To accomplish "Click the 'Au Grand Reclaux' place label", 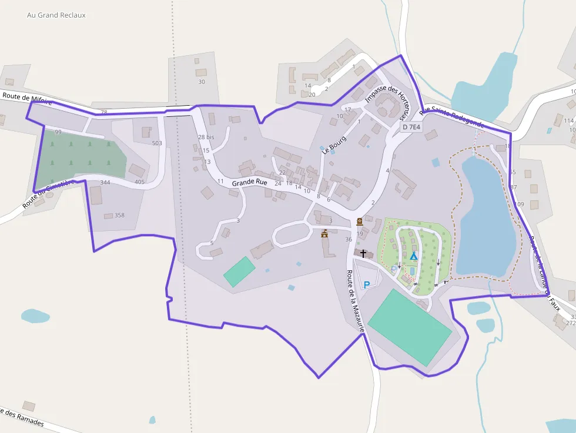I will pyautogui.click(x=56, y=15).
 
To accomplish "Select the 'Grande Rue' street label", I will pyautogui.click(x=249, y=183).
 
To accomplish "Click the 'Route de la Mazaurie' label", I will pyautogui.click(x=356, y=301).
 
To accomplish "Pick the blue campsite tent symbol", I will pyautogui.click(x=413, y=256).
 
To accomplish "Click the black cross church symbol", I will pyautogui.click(x=363, y=254).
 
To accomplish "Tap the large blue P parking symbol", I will pyautogui.click(x=367, y=285).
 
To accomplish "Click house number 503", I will pyautogui.click(x=157, y=143).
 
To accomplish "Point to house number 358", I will pyautogui.click(x=119, y=215).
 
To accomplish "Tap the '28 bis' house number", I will pyautogui.click(x=206, y=137).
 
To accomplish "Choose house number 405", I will pyautogui.click(x=139, y=182).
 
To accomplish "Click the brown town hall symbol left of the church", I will pyautogui.click(x=324, y=234).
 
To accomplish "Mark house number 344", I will pyautogui.click(x=105, y=183).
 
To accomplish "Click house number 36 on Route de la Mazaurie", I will pyautogui.click(x=349, y=239).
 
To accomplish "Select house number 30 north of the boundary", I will pyautogui.click(x=202, y=82).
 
